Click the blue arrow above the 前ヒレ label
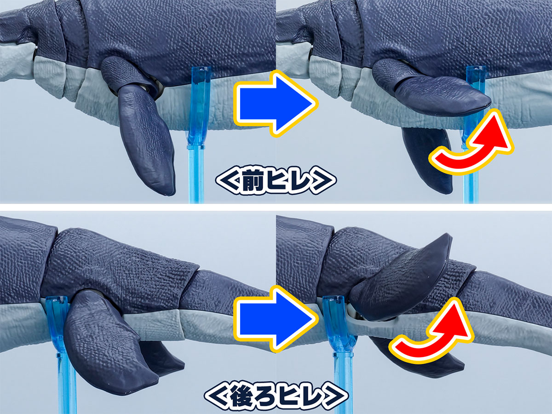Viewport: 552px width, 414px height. point(276,103)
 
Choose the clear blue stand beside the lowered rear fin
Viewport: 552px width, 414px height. point(63,352)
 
